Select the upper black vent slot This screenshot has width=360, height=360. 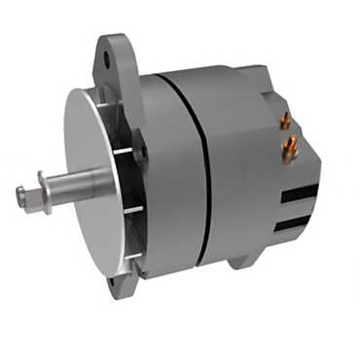[297, 195]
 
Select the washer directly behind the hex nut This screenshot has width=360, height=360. [40, 192]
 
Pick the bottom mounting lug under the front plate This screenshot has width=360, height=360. [121, 286]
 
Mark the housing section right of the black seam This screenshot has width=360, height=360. [238, 185]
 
